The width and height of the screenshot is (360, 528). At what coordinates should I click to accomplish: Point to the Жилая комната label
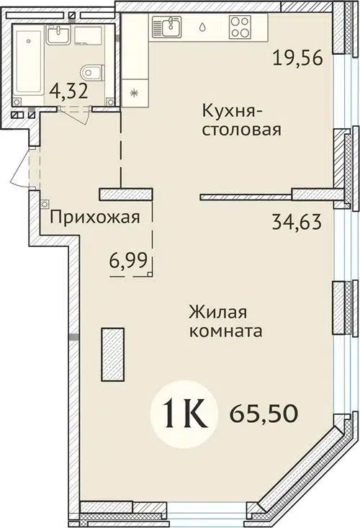click(223, 322)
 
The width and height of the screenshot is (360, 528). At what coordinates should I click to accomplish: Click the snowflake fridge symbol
click(134, 91)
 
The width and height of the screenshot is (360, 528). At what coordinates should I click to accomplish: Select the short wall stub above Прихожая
click(126, 194)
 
